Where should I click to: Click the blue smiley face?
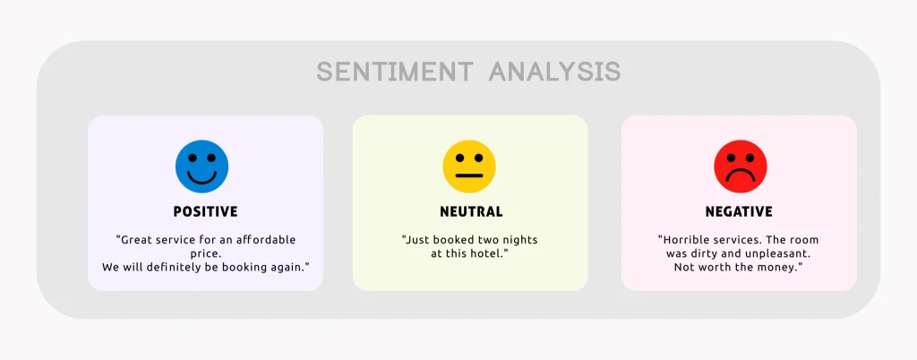(201, 167)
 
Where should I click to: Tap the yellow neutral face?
(469, 167)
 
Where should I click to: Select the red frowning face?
(740, 167)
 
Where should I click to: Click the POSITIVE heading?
(205, 212)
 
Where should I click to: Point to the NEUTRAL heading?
(471, 212)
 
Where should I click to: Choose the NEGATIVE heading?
(739, 212)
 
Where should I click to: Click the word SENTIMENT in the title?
(395, 72)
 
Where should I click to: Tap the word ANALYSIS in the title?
(554, 72)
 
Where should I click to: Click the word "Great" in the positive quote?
(139, 240)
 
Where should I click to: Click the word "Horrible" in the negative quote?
(687, 240)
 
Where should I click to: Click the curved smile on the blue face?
(201, 178)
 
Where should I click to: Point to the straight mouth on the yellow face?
(469, 176)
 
